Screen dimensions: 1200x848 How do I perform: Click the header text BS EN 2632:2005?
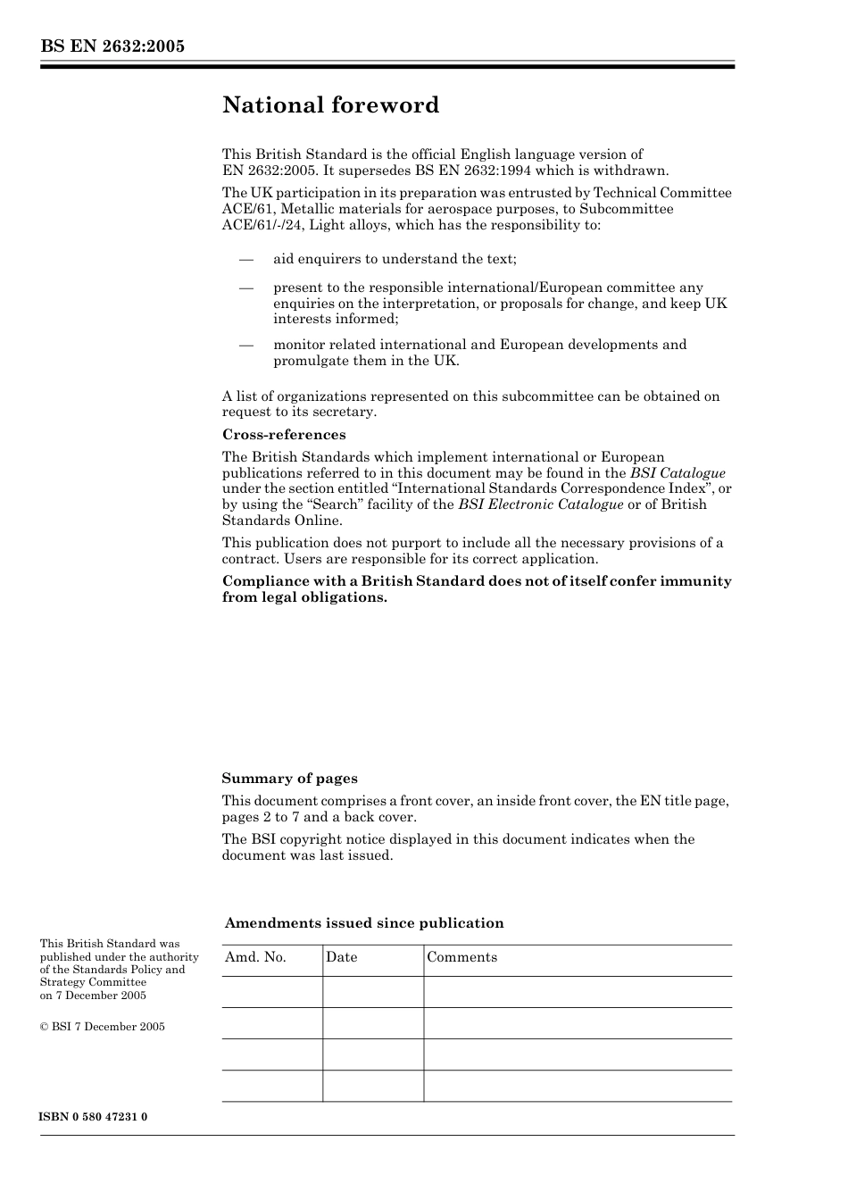coord(112,46)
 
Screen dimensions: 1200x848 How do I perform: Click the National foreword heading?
coord(330,105)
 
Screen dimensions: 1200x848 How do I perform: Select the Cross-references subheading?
coord(283,435)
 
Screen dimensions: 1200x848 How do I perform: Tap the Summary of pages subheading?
coord(289,779)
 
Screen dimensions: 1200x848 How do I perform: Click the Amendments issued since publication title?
coord(363,923)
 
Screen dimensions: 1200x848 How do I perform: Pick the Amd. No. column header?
coord(255,957)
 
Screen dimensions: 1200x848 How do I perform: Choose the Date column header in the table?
coord(341,957)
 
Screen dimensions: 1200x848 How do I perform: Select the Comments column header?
coord(461,957)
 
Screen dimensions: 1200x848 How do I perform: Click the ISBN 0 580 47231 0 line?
coord(94,1117)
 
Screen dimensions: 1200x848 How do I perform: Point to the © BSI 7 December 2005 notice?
coord(102,1027)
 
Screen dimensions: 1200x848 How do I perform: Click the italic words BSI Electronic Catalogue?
coord(540,504)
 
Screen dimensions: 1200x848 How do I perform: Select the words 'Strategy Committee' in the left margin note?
coord(93,982)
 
